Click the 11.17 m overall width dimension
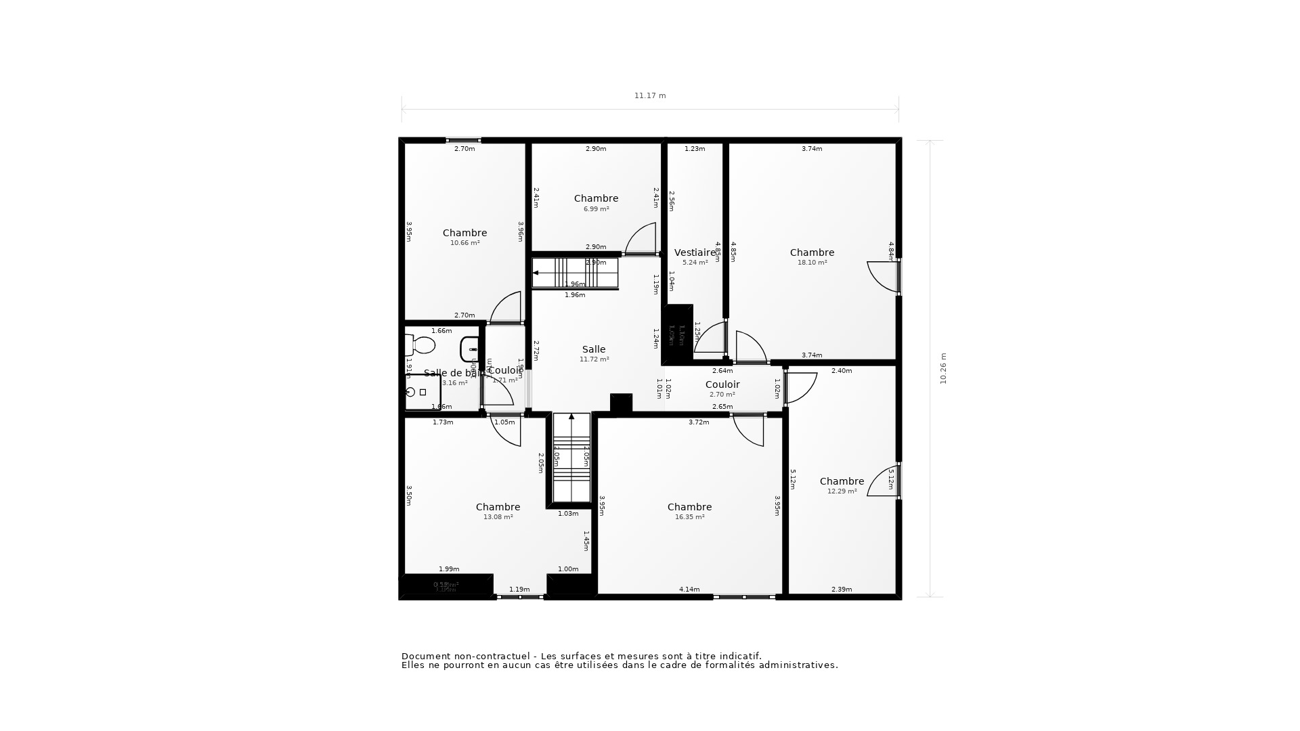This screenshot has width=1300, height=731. pos(650,96)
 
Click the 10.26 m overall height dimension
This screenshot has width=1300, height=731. pos(943,369)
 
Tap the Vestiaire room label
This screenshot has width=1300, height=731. pos(695,253)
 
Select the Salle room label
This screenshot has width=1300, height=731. pos(594,350)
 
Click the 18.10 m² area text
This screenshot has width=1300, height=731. pos(812,263)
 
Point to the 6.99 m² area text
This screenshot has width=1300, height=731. pos(596,209)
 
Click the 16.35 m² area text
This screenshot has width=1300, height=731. pos(689,517)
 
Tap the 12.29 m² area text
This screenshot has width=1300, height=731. pos(842,491)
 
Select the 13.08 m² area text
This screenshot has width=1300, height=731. pos(498,517)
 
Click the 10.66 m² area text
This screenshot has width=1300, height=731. pos(464,243)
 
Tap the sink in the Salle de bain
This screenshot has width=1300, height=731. pos(470,349)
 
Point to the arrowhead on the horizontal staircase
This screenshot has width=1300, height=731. pos(536,273)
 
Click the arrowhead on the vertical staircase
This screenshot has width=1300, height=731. pos(571,417)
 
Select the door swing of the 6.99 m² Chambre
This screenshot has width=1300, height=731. pos(642,239)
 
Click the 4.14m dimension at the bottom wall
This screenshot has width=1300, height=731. pos(689,590)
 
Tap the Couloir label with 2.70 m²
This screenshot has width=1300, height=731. pos(722,384)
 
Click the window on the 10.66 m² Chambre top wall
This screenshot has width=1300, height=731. pos(464,140)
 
